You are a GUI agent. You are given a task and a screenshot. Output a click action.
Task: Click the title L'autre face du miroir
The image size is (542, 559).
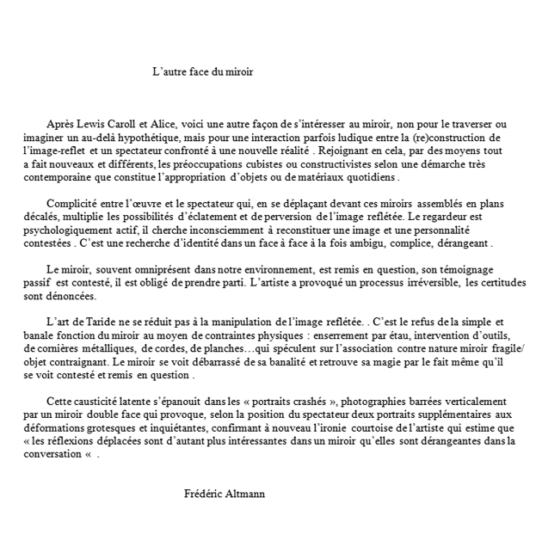(202, 73)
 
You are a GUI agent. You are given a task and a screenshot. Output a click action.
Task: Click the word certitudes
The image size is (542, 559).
(498, 282)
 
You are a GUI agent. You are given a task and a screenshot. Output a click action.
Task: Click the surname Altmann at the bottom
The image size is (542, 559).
(244, 494)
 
